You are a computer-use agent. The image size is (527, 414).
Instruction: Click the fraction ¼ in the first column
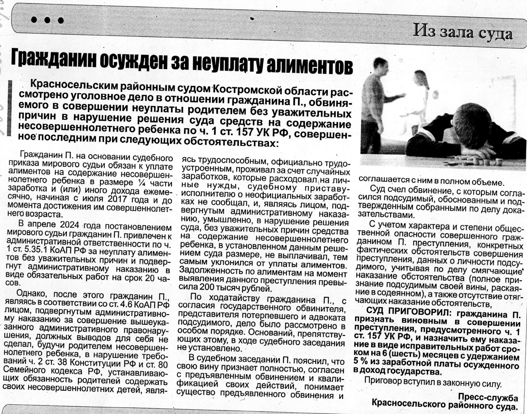(x=139, y=182)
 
